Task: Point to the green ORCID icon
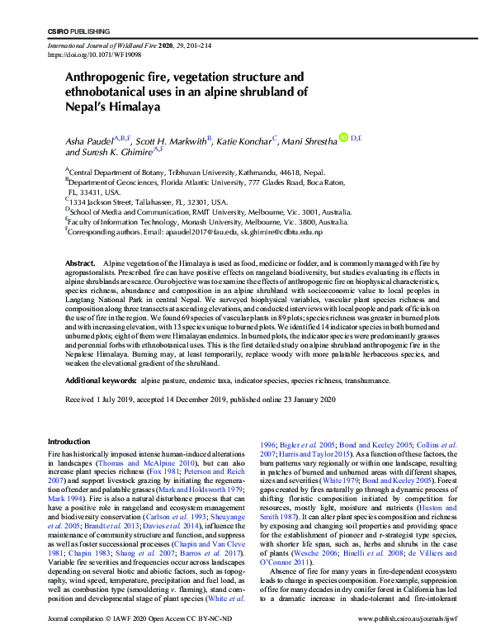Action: [x=344, y=139]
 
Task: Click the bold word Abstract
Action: [x=80, y=262]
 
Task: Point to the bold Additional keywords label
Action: [x=100, y=381]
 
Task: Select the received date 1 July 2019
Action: [x=119, y=400]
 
